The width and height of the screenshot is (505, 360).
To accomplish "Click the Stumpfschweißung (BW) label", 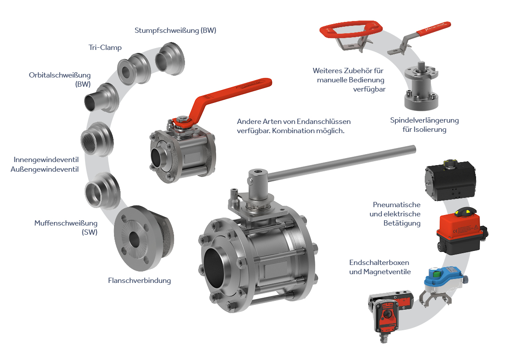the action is point(175,31).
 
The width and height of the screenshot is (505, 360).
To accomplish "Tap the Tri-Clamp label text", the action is point(105,48).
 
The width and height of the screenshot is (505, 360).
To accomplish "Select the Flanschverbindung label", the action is point(139,281).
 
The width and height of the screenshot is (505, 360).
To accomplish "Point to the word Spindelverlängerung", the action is point(424,120).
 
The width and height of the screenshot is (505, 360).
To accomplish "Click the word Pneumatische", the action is point(396,205).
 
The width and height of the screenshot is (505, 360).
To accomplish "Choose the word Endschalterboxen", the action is point(379,262).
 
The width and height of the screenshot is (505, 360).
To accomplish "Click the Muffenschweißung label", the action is point(66,223).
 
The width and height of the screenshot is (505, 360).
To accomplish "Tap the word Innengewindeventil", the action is point(46,160).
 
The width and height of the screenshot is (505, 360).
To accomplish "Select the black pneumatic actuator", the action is point(450,180).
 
